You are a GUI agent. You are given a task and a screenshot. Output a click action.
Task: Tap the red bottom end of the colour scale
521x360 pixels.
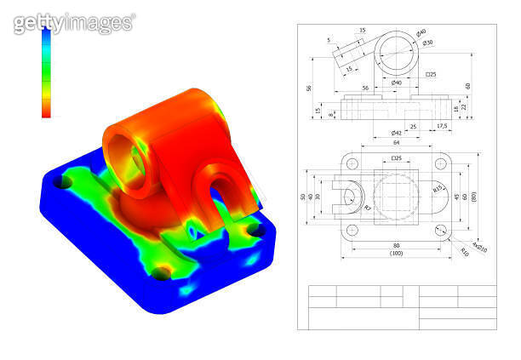46,111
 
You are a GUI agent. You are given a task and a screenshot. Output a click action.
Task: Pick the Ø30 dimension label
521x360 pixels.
428,43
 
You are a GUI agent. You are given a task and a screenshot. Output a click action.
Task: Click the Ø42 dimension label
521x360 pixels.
397,134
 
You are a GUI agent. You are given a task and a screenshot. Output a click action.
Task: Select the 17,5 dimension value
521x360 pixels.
442,127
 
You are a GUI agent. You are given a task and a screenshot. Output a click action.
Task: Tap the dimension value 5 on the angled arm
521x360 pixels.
329,40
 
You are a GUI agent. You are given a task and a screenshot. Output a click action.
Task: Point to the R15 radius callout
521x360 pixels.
438,189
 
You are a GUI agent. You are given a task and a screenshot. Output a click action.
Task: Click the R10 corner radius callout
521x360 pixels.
464,253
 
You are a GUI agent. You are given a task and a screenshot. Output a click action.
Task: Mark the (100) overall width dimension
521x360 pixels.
396,254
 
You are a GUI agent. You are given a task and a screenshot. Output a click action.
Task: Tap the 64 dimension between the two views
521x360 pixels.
396,144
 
